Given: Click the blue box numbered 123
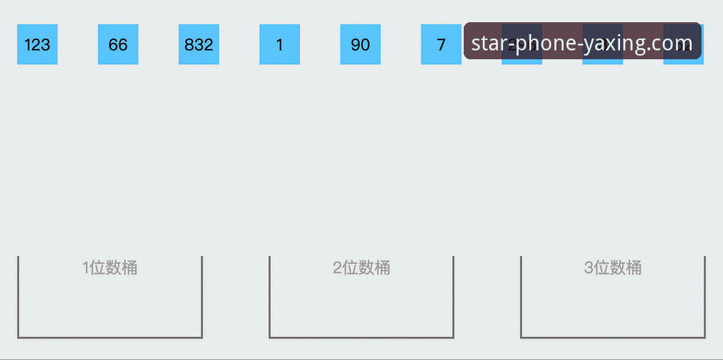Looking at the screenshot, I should click(x=37, y=44).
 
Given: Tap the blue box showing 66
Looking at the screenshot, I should click(x=118, y=44).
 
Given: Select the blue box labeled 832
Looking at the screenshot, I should click(x=199, y=44).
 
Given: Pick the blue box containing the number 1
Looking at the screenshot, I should click(x=279, y=44).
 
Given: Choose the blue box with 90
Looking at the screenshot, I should click(x=360, y=44).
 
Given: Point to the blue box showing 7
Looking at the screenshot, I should click(x=441, y=44).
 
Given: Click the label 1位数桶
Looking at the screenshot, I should click(x=110, y=268).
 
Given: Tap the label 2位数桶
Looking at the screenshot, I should click(x=361, y=268).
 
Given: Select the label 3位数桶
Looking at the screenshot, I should click(x=613, y=268).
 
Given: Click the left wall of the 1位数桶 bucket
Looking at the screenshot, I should click(x=18, y=296).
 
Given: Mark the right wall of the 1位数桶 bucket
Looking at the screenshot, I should click(x=201, y=296).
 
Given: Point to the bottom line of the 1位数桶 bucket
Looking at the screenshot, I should click(x=110, y=338).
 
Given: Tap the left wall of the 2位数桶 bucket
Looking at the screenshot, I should click(x=270, y=296).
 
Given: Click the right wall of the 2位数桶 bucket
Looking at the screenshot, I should click(x=453, y=296).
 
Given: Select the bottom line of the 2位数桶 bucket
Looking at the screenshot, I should click(x=361, y=338).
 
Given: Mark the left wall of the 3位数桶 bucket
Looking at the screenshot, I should click(x=521, y=296).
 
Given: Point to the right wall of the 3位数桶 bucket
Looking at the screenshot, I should click(x=704, y=296).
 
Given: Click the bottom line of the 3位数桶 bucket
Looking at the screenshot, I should click(x=613, y=338).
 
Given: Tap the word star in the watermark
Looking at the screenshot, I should click(x=488, y=43).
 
